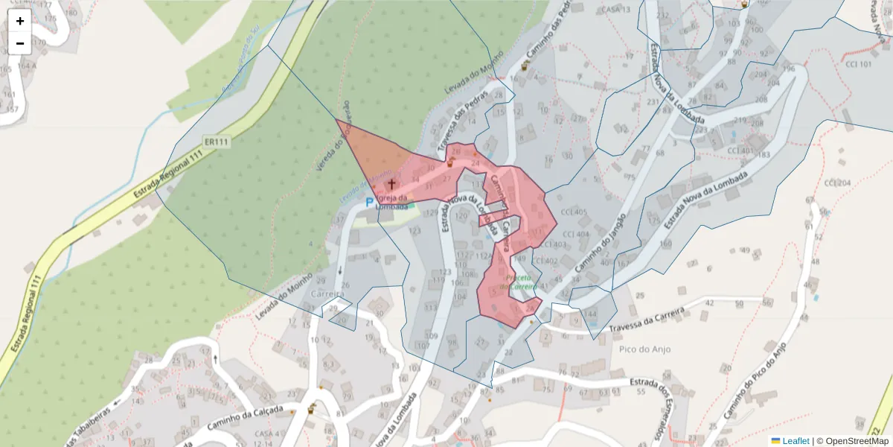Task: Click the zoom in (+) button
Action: pyautogui.click(x=20, y=21)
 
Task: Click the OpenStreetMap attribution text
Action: pyautogui.click(x=857, y=441)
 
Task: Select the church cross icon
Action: pyautogui.click(x=391, y=183)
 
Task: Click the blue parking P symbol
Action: pyautogui.click(x=368, y=203)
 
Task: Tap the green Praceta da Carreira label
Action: pyautogui.click(x=518, y=282)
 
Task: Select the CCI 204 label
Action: pyautogui.click(x=837, y=183)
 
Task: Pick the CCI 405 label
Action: pyautogui.click(x=574, y=212)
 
